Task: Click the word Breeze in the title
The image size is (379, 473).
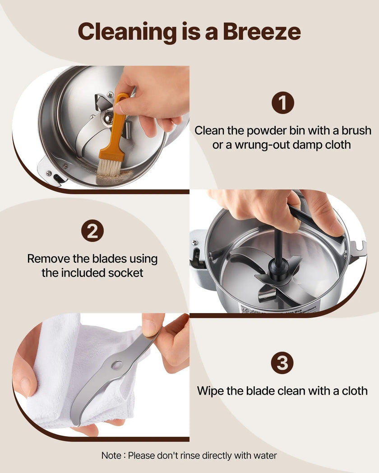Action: (262, 32)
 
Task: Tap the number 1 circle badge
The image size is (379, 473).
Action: (282, 103)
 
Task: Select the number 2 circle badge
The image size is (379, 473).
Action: (92, 231)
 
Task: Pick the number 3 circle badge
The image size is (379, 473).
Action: (282, 363)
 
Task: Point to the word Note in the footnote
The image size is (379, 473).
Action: (111, 455)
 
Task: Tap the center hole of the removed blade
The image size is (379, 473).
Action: (116, 365)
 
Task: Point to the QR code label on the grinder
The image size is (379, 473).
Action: (250, 309)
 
